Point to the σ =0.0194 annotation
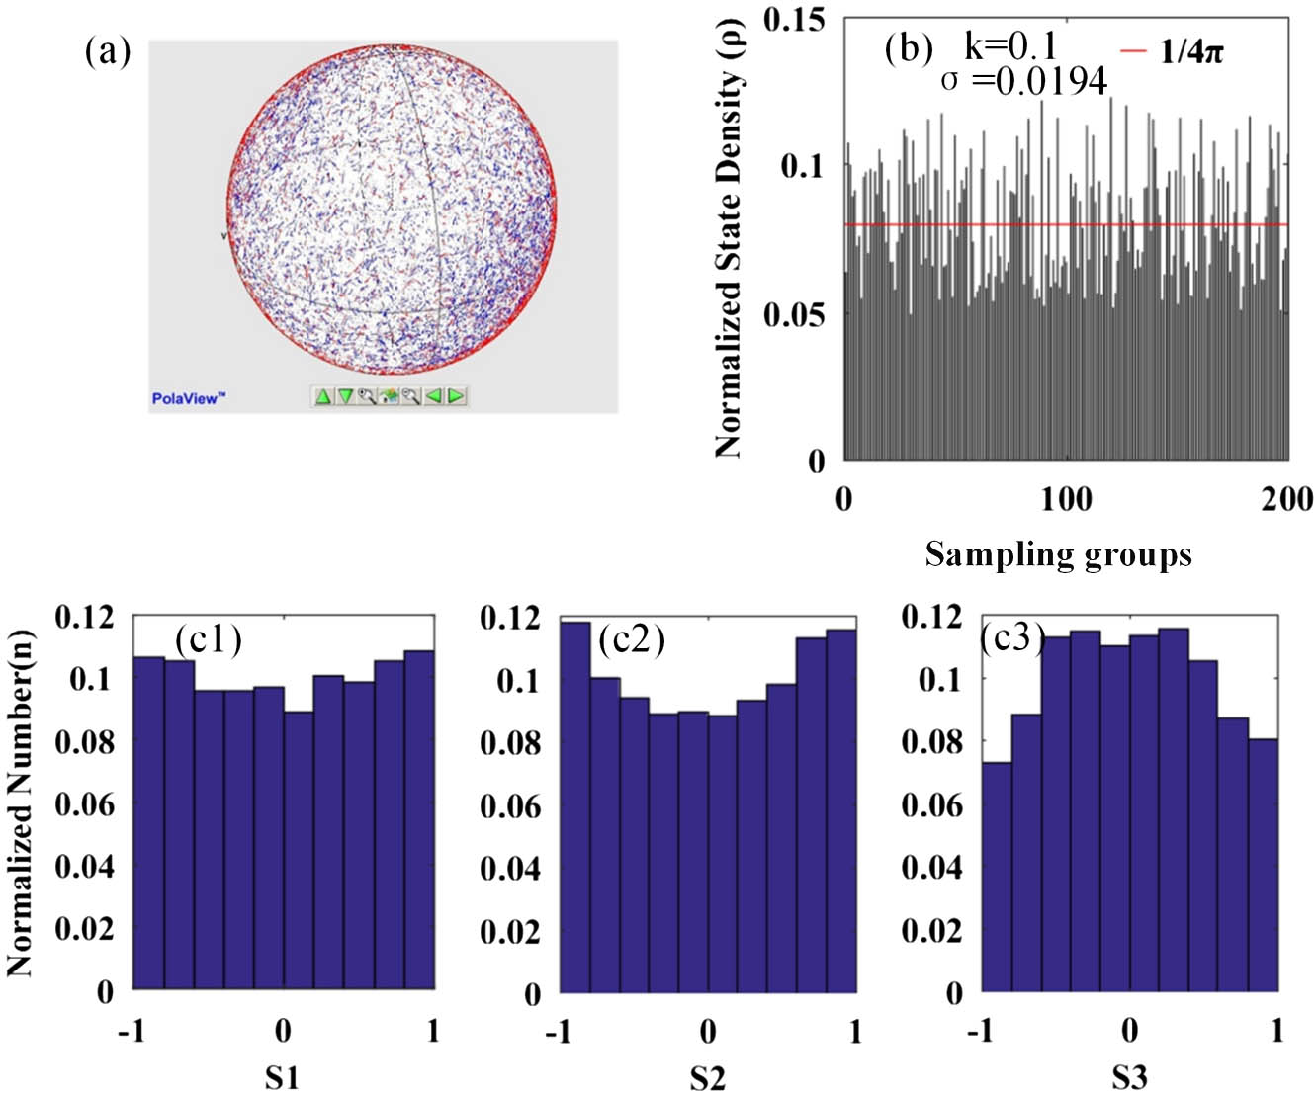(1024, 81)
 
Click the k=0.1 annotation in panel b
(1010, 45)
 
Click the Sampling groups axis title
(1058, 554)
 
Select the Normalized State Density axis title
(729, 237)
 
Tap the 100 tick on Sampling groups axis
(1066, 499)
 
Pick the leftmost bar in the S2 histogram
(575, 805)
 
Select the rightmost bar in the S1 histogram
(419, 819)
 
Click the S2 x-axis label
(706, 1077)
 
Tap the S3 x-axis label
(1129, 1076)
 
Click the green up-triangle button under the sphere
(323, 396)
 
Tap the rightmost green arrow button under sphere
(456, 396)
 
